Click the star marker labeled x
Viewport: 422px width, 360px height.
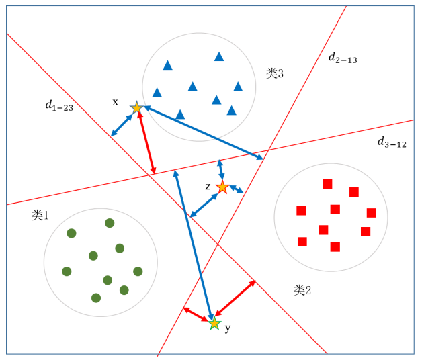click(136, 107)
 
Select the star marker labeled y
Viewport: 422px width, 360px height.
click(214, 324)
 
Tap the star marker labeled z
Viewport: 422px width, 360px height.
click(222, 187)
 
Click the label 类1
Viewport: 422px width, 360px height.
click(40, 215)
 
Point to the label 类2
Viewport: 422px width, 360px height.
click(302, 290)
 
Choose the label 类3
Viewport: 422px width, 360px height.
click(274, 73)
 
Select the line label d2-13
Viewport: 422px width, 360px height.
click(343, 58)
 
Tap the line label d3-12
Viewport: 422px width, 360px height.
click(391, 142)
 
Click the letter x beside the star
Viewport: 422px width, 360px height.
click(115, 102)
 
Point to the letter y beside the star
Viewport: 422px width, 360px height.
click(228, 328)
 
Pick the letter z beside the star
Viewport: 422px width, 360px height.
click(208, 185)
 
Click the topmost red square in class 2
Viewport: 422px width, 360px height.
click(328, 184)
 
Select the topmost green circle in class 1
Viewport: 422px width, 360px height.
click(110, 223)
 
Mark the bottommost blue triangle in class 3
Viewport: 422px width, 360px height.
click(180, 115)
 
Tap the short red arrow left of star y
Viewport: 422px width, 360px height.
click(196, 314)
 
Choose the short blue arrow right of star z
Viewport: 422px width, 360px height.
click(237, 189)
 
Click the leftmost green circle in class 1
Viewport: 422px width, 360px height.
click(67, 271)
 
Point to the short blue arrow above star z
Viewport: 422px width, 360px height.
click(220, 170)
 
